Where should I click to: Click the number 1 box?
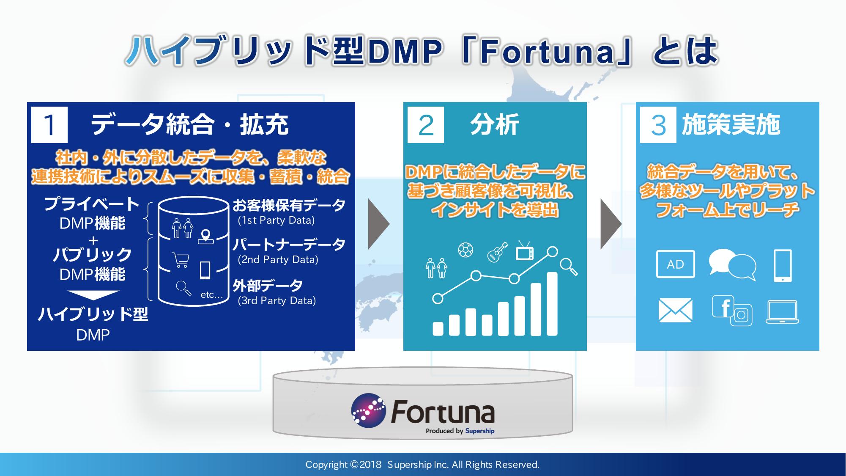tap(49, 125)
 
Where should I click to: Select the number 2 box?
tap(426, 125)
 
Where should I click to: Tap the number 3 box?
tap(658, 125)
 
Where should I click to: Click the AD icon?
tap(675, 264)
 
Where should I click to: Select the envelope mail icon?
tap(676, 310)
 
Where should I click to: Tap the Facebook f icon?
tap(723, 306)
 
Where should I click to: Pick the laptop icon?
tap(782, 312)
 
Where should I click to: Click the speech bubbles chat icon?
tap(732, 264)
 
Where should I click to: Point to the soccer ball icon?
tap(465, 250)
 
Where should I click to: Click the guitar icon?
tap(497, 252)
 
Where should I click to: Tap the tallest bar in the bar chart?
tap(552, 304)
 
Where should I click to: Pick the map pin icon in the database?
tap(206, 237)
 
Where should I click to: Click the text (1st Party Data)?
tap(277, 220)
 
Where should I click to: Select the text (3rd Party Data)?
tap(277, 301)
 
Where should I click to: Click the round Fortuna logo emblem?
tap(368, 411)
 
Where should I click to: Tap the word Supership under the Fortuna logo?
tap(479, 431)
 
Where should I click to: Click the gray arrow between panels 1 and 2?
tap(379, 224)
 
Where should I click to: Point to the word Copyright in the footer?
tap(326, 465)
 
